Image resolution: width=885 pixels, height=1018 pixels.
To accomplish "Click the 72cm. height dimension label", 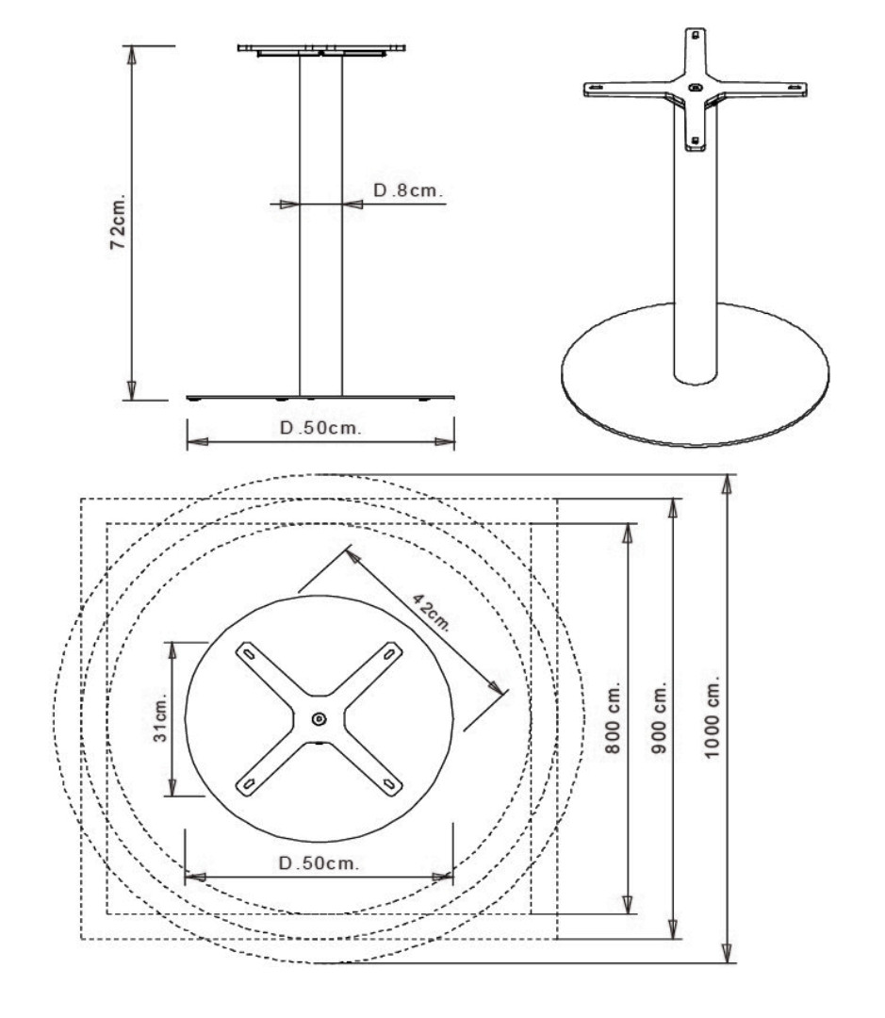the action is (118, 221).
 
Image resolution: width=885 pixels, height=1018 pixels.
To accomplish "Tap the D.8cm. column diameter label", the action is (408, 190).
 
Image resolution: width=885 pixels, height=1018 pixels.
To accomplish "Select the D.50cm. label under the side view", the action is (320, 428).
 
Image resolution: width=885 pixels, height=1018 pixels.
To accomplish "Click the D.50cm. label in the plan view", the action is (319, 862).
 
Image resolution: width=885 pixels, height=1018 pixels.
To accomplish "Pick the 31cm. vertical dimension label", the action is (159, 717).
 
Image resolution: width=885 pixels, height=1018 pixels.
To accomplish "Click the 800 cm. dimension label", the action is (613, 716).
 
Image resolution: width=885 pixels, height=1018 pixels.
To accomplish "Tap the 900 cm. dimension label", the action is (659, 716).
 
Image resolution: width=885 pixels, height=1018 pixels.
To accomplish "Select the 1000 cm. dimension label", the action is (712, 716).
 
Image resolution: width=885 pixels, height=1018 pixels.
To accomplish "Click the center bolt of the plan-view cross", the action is (319, 718).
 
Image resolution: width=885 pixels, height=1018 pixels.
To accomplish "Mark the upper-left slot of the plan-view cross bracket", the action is (248, 652).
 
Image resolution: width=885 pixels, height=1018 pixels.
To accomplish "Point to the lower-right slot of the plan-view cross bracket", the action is (389, 784).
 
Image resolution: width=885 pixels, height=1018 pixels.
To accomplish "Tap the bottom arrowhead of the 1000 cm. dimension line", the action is (729, 953).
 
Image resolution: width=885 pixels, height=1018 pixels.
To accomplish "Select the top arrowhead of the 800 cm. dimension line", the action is (627, 533).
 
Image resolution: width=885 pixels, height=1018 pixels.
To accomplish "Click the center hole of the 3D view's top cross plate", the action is (696, 87).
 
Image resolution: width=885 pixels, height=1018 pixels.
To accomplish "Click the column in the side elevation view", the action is (320, 225).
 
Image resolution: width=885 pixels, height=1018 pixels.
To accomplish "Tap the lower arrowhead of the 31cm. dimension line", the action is (172, 786).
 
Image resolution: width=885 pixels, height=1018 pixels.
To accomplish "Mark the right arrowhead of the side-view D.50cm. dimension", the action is (445, 441).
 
